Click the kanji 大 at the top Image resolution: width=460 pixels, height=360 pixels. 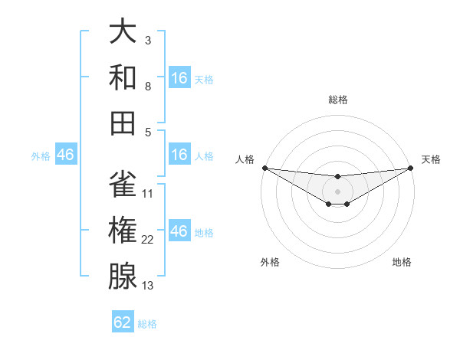(122, 31)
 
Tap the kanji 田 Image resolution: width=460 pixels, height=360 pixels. (122, 123)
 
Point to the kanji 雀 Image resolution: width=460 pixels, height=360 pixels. (122, 185)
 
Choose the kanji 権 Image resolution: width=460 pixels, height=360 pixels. (122, 231)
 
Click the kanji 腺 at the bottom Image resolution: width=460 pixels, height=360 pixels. (122, 277)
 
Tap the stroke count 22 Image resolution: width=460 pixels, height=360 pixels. (148, 240)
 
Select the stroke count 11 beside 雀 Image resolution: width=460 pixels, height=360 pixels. (148, 194)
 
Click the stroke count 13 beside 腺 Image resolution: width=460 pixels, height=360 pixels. (148, 286)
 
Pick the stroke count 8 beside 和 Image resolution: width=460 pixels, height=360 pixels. (148, 86)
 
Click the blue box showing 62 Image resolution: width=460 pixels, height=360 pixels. (123, 322)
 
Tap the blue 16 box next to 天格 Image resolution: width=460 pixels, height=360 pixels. (179, 78)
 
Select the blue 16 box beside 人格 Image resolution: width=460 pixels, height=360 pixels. (179, 155)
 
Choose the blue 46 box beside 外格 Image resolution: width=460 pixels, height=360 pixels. (65, 155)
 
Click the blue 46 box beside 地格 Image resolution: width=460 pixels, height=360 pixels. (179, 231)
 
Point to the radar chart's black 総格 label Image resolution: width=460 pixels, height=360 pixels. (337, 100)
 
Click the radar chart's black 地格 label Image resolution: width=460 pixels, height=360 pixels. (402, 262)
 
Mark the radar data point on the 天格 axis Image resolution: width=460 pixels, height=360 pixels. (411, 168)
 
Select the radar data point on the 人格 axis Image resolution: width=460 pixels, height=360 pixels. (264, 168)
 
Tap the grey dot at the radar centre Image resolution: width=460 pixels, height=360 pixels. (337, 191)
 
